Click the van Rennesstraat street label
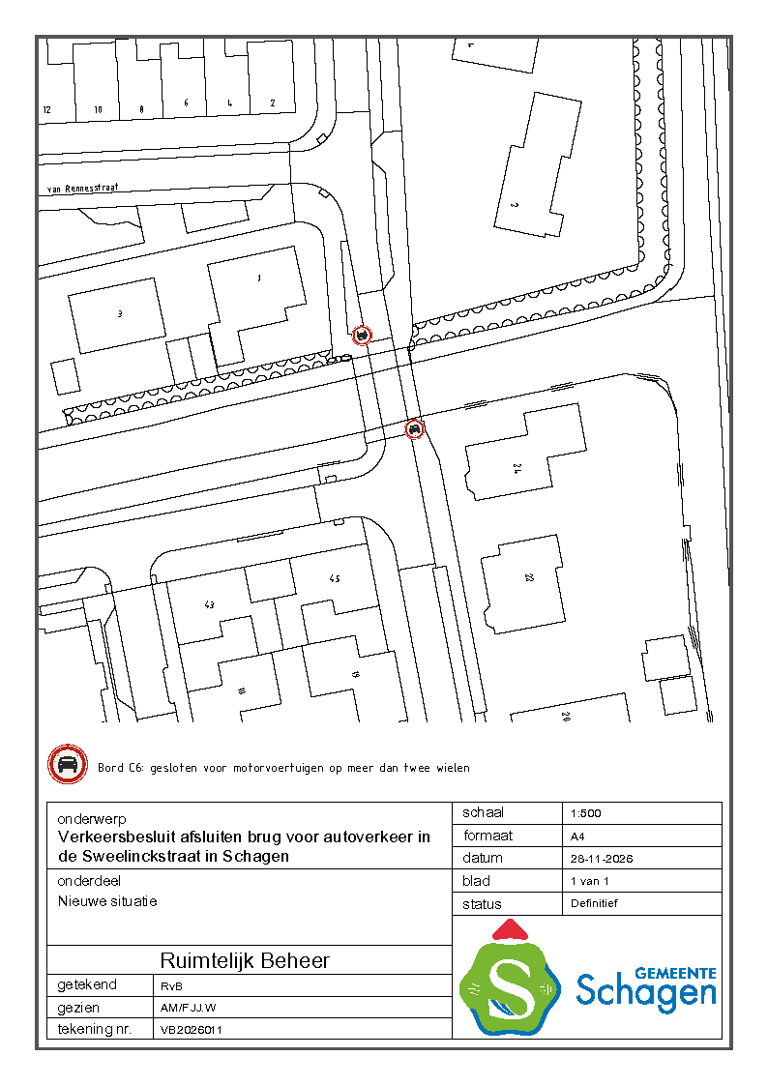82,190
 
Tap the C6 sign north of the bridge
362,336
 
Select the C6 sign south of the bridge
414,428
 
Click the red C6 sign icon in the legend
68,766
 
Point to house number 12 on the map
46,110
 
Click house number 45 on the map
335,579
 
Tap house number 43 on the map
209,604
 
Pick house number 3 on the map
120,313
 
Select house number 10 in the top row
98,110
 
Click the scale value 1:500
586,813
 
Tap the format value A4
578,836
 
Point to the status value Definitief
594,903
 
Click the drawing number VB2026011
192,1030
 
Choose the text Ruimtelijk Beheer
245,960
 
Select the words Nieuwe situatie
107,901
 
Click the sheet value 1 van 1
590,881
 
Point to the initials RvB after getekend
170,985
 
